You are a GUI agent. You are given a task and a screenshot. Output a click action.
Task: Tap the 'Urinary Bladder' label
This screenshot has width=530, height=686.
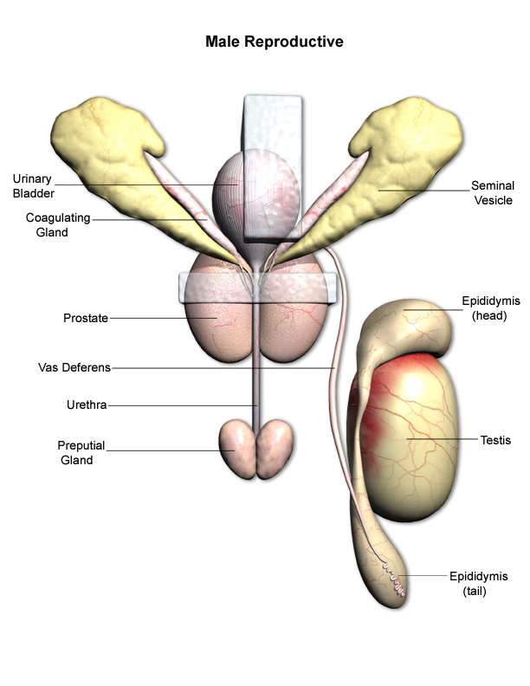32,185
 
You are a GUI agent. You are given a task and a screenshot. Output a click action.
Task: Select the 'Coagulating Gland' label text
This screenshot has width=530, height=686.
58,225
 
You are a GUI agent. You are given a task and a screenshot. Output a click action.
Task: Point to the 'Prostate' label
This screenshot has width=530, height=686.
86,318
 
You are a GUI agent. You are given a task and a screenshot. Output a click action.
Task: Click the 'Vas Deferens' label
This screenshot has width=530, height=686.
74,367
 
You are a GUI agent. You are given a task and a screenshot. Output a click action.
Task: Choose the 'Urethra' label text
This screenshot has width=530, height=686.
87,404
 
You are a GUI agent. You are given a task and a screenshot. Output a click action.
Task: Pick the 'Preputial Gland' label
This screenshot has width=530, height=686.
81,452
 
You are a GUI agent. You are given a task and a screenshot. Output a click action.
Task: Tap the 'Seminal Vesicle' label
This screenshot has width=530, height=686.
492,192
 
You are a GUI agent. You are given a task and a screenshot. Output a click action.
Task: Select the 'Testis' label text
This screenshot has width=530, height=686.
495,440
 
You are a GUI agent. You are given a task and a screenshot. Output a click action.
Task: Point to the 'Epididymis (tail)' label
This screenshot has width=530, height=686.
479,584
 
